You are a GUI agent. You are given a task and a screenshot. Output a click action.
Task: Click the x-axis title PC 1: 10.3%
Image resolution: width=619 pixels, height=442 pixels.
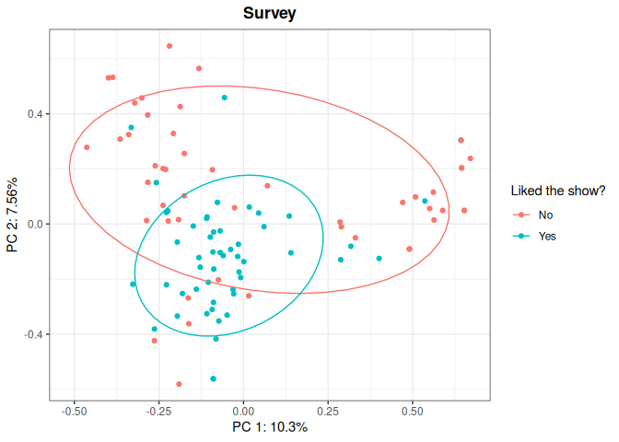click(269, 427)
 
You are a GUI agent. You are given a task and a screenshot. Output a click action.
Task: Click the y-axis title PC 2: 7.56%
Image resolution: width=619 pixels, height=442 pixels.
click(13, 215)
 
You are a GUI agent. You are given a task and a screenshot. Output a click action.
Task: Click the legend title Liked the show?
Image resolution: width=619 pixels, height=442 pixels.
click(558, 192)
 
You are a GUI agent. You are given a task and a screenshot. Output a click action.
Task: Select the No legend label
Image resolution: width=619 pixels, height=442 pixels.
click(546, 215)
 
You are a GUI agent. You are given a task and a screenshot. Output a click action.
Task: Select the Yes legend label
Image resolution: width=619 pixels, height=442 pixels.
click(548, 236)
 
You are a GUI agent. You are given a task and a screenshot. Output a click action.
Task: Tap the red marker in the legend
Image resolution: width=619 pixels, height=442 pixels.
click(522, 215)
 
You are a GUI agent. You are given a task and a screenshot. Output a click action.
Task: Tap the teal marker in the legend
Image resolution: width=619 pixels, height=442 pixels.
click(522, 236)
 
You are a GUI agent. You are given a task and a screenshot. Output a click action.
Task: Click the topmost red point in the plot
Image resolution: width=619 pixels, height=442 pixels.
click(169, 46)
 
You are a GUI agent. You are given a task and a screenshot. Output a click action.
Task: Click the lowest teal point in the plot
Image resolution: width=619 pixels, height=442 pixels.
click(214, 378)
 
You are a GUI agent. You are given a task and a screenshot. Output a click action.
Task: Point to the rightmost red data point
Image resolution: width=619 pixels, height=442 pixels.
click(470, 158)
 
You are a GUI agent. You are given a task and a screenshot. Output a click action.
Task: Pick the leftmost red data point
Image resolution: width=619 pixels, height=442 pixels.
click(87, 147)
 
